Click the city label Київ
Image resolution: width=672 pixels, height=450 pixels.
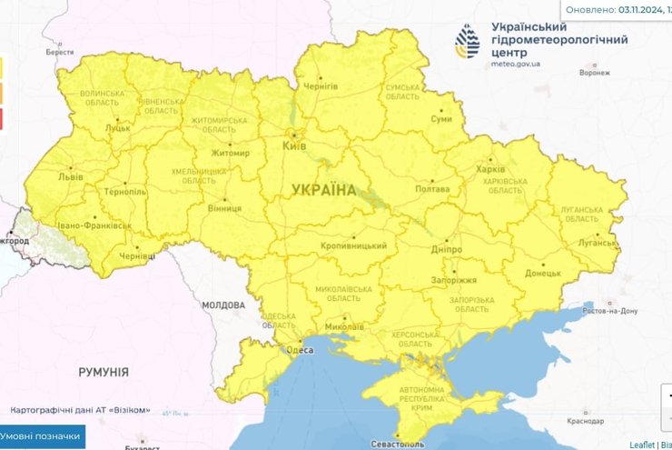(294, 145)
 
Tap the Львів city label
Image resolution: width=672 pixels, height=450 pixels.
(71, 178)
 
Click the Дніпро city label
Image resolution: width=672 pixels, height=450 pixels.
(447, 249)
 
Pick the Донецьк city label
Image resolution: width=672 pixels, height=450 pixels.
(543, 272)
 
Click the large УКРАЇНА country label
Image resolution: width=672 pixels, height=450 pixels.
(324, 189)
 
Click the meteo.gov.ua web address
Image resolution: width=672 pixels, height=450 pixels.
(516, 65)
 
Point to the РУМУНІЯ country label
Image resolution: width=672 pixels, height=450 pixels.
(103, 372)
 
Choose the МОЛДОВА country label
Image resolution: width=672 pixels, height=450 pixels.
(222, 305)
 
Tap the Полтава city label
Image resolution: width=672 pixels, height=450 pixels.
(431, 189)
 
